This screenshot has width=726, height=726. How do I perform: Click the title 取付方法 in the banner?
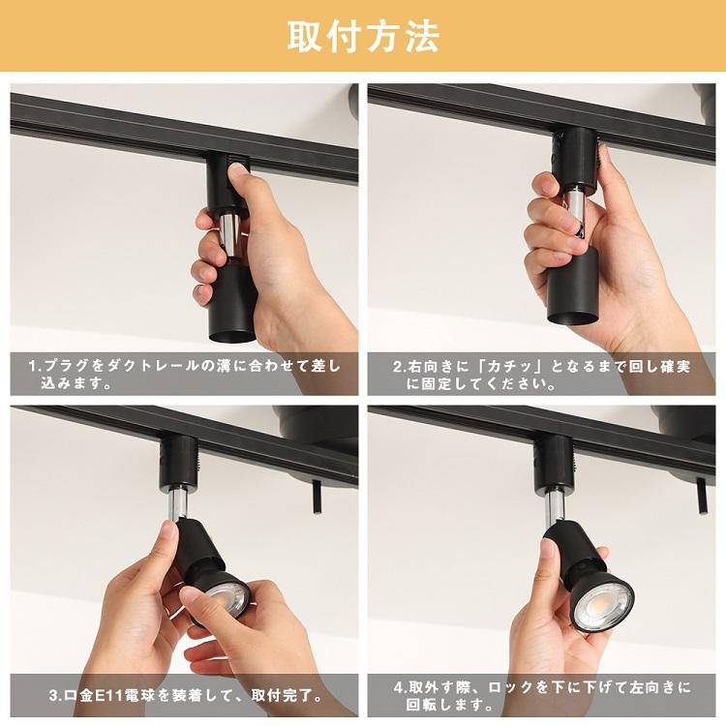click(x=363, y=36)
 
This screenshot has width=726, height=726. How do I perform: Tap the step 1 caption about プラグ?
click(x=184, y=375)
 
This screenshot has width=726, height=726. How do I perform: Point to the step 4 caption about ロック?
click(x=542, y=695)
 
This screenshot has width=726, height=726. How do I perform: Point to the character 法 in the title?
click(x=421, y=36)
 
